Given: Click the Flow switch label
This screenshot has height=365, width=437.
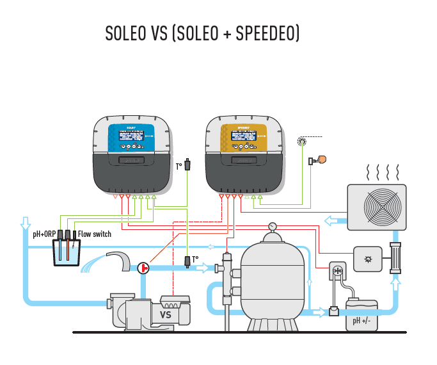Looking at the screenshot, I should point(95,234).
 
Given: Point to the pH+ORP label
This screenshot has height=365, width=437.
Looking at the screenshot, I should point(44,234).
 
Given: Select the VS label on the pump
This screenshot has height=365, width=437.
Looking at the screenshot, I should point(166,315).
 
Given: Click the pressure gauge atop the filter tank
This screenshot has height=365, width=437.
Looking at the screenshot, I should point(273,226).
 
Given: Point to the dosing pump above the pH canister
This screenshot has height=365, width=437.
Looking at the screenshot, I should point(338,272).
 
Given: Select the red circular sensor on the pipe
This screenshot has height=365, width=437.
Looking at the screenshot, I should point(143,267).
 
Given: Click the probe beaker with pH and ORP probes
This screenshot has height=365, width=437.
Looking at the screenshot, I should point(67,250).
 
